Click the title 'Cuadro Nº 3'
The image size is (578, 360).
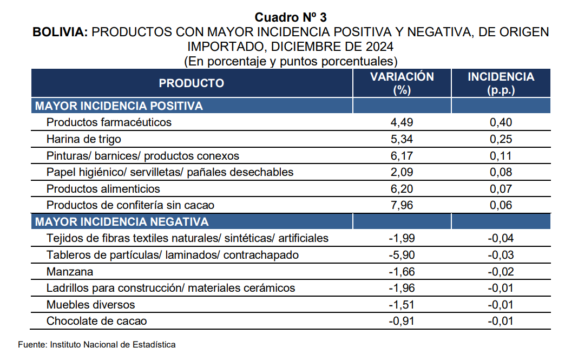coord(291,17)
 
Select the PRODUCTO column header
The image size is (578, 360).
coord(192,83)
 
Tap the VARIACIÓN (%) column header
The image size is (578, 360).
coord(402,83)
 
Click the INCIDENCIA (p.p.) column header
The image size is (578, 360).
coord(501,83)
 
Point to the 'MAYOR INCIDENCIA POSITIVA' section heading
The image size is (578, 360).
coord(119,106)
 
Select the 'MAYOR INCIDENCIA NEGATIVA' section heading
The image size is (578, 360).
coord(122,221)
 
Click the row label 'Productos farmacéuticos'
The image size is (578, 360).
coord(109,122)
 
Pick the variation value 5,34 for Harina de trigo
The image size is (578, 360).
coord(402,139)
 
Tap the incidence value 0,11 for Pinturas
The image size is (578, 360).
coord(501,156)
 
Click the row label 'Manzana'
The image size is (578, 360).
coord(70,272)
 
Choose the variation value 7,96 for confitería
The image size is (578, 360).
coord(402,205)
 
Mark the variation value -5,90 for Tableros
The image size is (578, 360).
coord(402,255)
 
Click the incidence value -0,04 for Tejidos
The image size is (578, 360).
coord(501,238)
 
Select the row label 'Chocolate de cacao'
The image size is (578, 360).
coord(96,321)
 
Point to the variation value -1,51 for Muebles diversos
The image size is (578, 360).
coord(402,305)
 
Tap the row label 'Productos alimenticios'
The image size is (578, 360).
coord(103,189)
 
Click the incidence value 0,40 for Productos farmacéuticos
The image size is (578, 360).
coord(501,122)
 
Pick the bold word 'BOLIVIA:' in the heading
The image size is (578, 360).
coord(60,32)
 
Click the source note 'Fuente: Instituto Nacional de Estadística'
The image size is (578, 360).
coord(96,344)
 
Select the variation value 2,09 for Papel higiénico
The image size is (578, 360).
coord(402,172)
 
